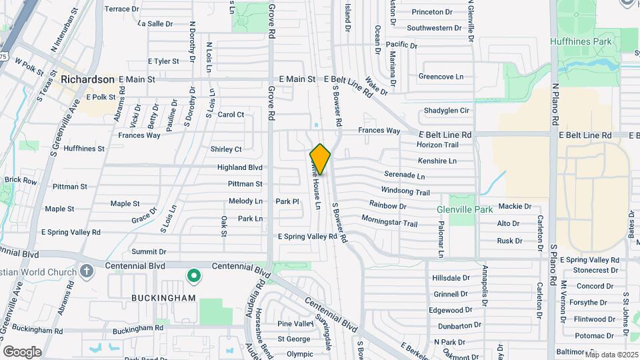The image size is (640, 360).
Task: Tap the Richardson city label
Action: coord(87,79)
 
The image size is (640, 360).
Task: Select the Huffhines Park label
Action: coord(581,41)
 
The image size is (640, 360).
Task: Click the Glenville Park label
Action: coord(465,209)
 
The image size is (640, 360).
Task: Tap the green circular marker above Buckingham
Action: coord(194,275)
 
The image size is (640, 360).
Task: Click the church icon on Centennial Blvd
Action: coord(86,271)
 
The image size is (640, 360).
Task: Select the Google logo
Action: coord(22,351)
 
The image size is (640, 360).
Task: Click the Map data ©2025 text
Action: coord(611,355)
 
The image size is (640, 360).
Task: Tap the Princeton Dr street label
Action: coord(432,12)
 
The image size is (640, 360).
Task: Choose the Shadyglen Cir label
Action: coord(447,111)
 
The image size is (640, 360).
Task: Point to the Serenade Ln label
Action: coord(404,176)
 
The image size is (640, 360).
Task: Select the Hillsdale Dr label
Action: coord(452,278)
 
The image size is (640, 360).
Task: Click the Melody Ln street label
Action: coord(245,201)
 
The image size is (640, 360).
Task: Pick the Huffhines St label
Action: coord(83,149)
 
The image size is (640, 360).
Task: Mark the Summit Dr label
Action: coord(149,252)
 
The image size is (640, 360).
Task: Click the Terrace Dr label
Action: coord(122,9)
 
